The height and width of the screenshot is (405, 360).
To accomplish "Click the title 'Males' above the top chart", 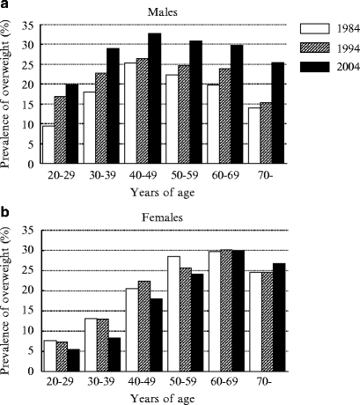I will click(x=162, y=11).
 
